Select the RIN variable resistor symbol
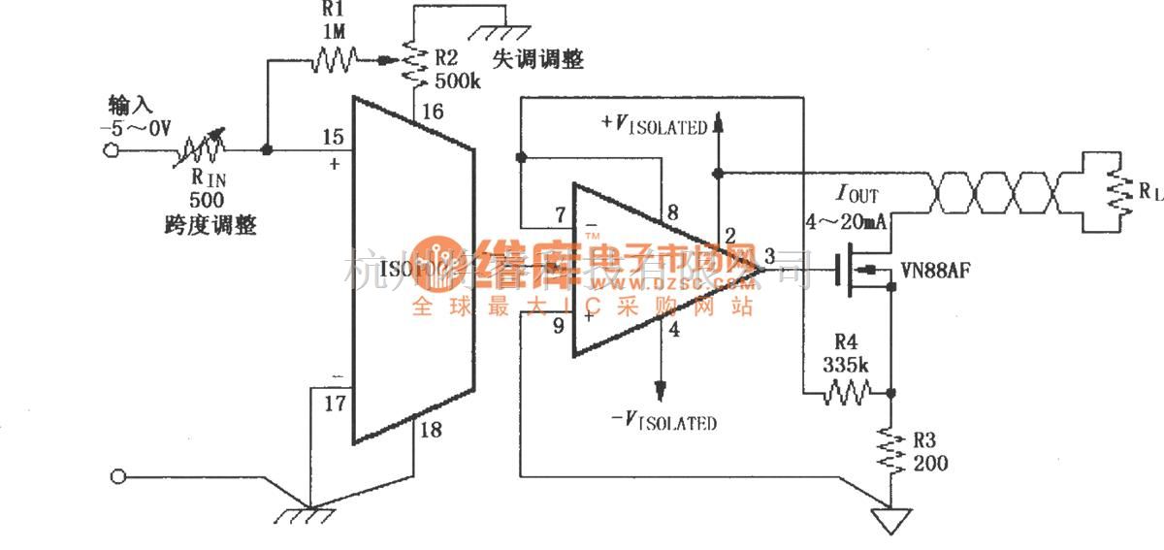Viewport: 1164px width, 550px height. [x=202, y=150]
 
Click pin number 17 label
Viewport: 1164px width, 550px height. [x=333, y=403]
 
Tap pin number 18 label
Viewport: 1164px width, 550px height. [x=432, y=430]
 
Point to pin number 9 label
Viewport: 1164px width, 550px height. [x=558, y=326]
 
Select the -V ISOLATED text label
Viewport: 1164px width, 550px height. [x=664, y=422]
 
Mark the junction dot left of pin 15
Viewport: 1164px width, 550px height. [x=267, y=150]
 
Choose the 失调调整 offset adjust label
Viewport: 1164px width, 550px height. [x=538, y=59]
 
